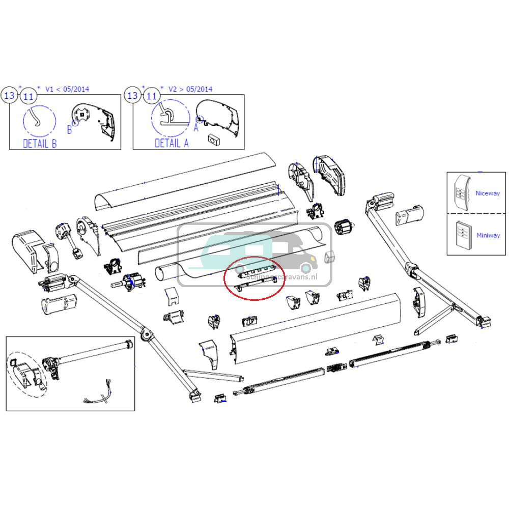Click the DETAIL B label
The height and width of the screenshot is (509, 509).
tap(40, 144)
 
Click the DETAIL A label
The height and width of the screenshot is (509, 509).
tap(172, 144)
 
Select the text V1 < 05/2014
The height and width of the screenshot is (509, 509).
tap(67, 89)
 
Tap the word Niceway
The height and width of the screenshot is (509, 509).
tap(487, 193)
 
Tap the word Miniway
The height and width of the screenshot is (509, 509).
tap(488, 236)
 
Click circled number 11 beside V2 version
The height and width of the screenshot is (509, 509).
tap(151, 96)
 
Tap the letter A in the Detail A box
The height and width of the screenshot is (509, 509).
tap(195, 129)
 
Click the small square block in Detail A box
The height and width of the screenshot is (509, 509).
tap(213, 139)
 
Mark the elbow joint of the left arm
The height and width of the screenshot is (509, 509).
tap(148, 334)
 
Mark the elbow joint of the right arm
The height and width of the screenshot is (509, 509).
tap(411, 268)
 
